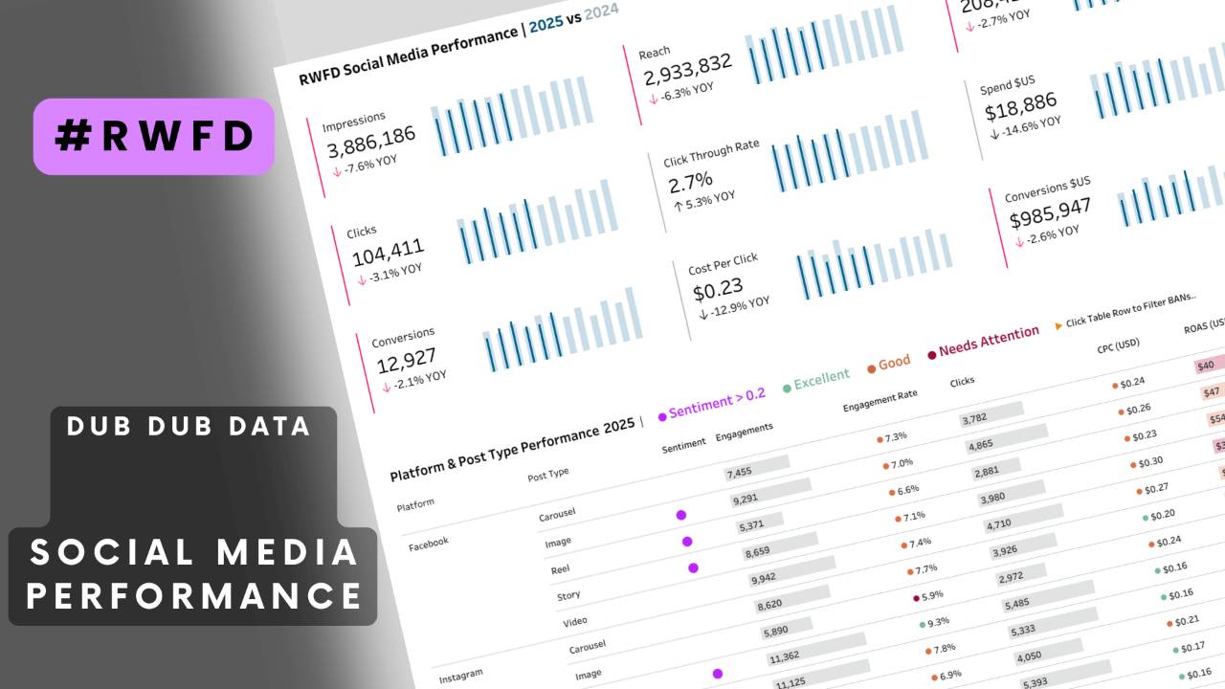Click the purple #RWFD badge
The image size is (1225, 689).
[154, 137]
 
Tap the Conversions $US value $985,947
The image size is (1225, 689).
[1050, 212]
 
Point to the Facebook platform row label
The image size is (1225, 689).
[428, 543]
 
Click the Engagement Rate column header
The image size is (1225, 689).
[880, 400]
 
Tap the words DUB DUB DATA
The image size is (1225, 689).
[189, 426]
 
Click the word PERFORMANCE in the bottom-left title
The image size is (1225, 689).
[194, 594]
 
